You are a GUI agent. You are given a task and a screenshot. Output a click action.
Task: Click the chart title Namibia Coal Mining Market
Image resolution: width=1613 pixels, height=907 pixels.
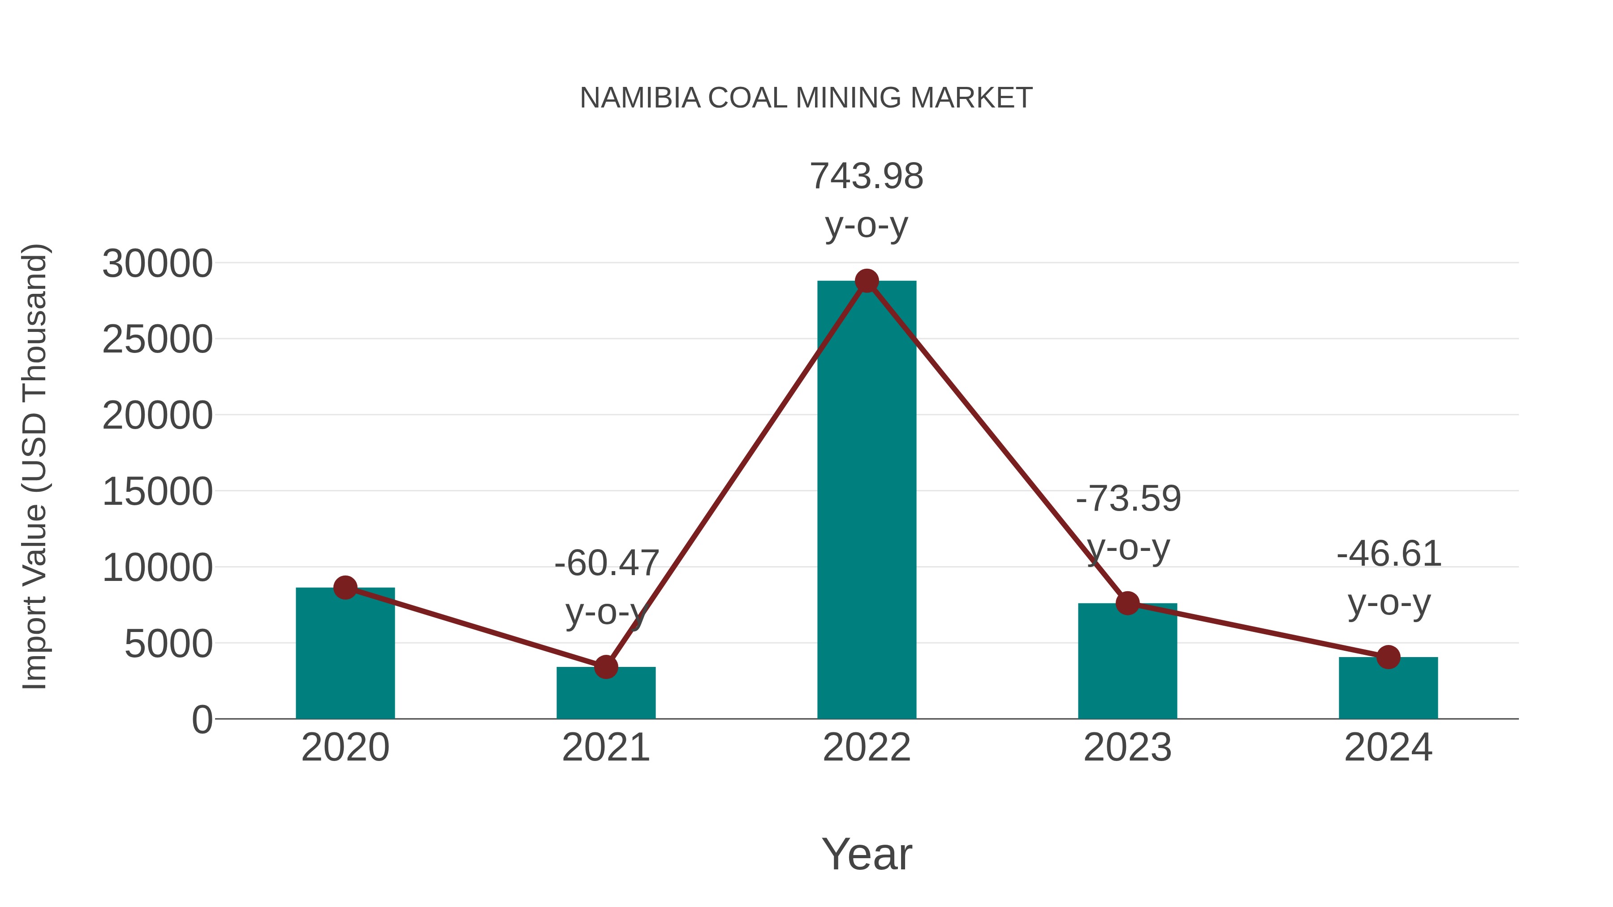pyautogui.click(x=806, y=98)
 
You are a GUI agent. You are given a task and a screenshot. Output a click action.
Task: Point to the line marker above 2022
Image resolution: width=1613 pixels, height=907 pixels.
pyautogui.click(x=867, y=281)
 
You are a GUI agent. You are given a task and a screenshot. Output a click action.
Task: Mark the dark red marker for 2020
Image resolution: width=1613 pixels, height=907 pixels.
pyautogui.click(x=345, y=587)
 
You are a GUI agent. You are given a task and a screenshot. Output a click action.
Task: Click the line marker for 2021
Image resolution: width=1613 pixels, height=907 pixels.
pyautogui.click(x=605, y=667)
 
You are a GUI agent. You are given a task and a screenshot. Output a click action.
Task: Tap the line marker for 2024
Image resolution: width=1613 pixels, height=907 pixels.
pyautogui.click(x=1388, y=657)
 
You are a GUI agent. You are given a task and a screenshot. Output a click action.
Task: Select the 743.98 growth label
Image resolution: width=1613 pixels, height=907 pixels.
pyautogui.click(x=867, y=176)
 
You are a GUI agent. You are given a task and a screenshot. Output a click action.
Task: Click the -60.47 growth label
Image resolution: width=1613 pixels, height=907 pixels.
pyautogui.click(x=606, y=563)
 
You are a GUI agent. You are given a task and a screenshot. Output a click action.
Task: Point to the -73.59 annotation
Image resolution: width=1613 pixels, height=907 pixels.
pyautogui.click(x=1128, y=499)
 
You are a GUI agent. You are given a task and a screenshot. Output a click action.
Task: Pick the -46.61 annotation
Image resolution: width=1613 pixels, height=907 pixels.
pyautogui.click(x=1389, y=554)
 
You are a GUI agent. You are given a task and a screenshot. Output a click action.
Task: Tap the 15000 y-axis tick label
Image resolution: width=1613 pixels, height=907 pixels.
pyautogui.click(x=157, y=492)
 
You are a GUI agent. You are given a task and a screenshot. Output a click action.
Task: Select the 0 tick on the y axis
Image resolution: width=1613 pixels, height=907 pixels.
pyautogui.click(x=202, y=720)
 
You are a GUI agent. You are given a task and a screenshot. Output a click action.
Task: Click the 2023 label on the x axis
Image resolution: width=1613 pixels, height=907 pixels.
pyautogui.click(x=1127, y=748)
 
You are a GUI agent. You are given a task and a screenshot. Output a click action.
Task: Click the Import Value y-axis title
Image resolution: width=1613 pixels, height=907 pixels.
pyautogui.click(x=35, y=466)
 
